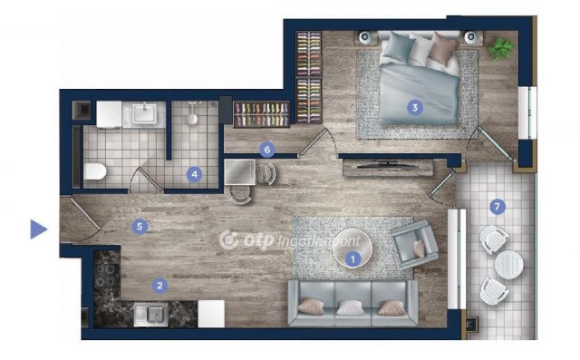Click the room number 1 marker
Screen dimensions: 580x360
(x=353, y=259)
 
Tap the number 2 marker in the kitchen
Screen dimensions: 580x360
(x=159, y=286)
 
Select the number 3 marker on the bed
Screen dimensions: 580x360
(x=415, y=108)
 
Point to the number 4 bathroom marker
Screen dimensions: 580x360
(x=194, y=174)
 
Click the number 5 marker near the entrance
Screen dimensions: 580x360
(x=140, y=227)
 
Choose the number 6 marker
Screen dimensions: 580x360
(x=267, y=150)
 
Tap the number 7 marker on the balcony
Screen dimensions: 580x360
(x=498, y=207)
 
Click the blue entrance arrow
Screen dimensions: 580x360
(x=38, y=229)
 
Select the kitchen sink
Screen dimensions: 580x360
(x=151, y=315)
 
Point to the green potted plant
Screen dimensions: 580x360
(x=501, y=48)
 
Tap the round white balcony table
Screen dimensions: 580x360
(x=508, y=264)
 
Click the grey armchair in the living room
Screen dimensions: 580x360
(x=414, y=244)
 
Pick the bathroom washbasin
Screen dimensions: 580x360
(x=144, y=113)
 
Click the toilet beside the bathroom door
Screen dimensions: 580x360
(x=95, y=171)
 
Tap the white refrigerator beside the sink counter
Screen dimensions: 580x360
(x=211, y=314)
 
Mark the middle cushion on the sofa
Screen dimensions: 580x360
(x=350, y=307)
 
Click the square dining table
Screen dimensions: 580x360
(x=240, y=172)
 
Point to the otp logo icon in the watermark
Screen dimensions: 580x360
(x=229, y=240)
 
